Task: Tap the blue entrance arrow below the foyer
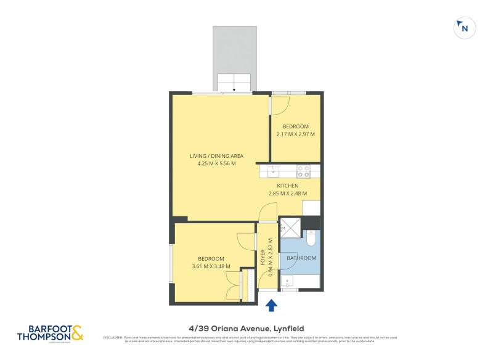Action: (x=271, y=305)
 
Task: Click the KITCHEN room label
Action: (x=288, y=186)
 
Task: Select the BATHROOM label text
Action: (x=301, y=258)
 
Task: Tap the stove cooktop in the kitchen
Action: (x=303, y=171)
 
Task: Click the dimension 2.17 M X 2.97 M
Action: (x=296, y=134)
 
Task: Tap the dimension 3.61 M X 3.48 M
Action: (x=211, y=266)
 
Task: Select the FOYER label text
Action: (x=263, y=256)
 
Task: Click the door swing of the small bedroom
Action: (x=279, y=105)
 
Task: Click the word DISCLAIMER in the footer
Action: (x=113, y=337)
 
